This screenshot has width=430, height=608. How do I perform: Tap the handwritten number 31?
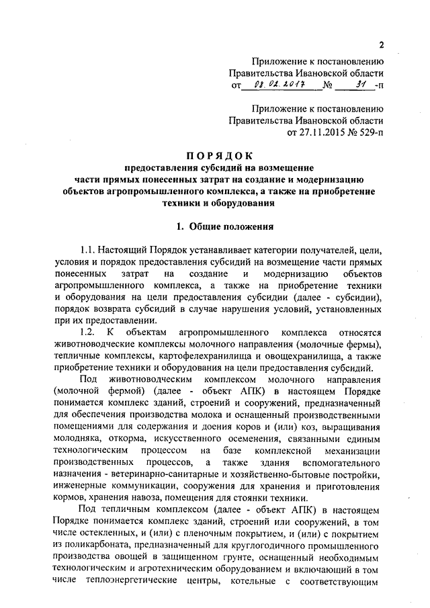pos(361,85)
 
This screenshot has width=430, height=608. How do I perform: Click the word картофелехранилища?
pos(197,356)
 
